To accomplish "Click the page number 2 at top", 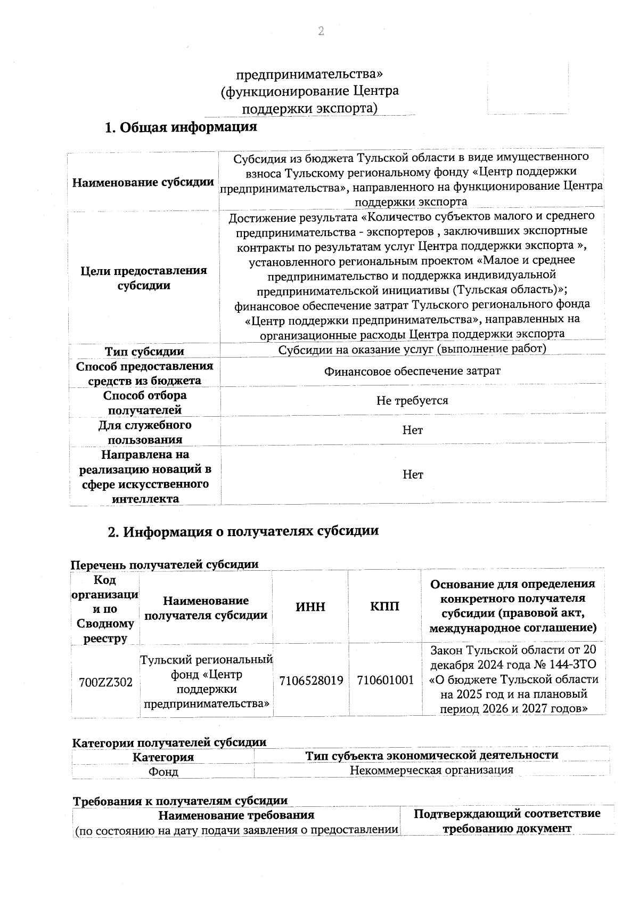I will click(321, 31).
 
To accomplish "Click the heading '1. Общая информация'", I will click(181, 127).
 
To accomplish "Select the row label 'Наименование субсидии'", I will click(143, 182).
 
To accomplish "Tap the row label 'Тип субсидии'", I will click(144, 351).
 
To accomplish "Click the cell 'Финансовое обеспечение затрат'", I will click(412, 371).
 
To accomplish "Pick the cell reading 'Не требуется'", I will click(412, 400).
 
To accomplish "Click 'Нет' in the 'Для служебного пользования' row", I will click(413, 430).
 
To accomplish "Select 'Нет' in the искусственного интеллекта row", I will click(413, 474).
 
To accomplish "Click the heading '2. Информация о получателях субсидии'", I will click(243, 531).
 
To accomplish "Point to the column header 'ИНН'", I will click(310, 606).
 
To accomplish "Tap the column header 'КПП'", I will click(384, 606).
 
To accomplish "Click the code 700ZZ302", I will click(105, 682).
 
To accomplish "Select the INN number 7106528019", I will click(311, 680).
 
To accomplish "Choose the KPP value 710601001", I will click(385, 680).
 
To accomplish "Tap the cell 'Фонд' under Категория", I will click(163, 772).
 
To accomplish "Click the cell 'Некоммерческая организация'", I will click(431, 770).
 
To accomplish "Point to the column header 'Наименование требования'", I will click(236, 815).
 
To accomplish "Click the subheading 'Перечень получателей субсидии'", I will click(165, 564).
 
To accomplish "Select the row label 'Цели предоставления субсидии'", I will click(143, 278).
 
